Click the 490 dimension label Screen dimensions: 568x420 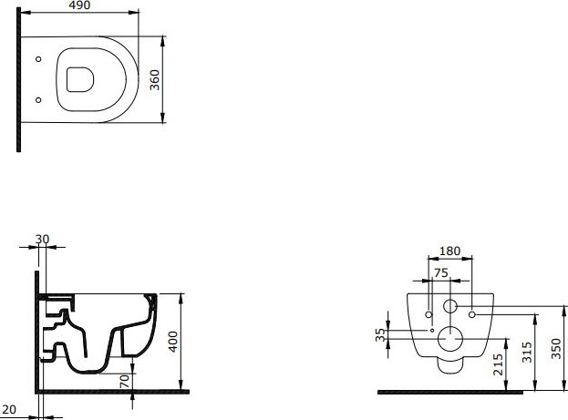click(x=79, y=5)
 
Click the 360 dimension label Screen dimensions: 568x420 click(x=155, y=79)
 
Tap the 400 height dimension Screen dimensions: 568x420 click(x=173, y=342)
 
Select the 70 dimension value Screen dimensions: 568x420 click(x=124, y=381)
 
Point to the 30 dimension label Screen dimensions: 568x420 click(x=42, y=240)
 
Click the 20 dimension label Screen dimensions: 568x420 click(x=9, y=409)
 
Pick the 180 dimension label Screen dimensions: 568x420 click(x=449, y=251)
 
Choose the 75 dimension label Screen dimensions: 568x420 click(x=441, y=272)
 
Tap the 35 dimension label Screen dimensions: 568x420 click(x=380, y=335)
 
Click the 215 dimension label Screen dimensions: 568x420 click(x=498, y=364)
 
